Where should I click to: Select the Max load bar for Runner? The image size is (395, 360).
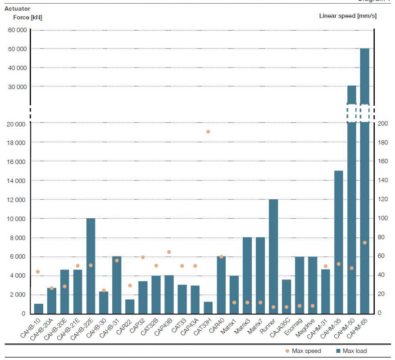tap(273, 256)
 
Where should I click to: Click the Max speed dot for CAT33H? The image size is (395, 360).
tap(208, 132)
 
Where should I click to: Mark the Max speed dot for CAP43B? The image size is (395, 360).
tap(169, 252)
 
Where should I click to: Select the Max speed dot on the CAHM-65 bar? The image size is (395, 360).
tap(364, 243)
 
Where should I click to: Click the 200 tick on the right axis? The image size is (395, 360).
tap(382, 124)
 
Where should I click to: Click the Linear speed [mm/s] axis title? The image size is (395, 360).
tap(348, 16)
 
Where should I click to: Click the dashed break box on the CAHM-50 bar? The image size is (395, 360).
tap(351, 113)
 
